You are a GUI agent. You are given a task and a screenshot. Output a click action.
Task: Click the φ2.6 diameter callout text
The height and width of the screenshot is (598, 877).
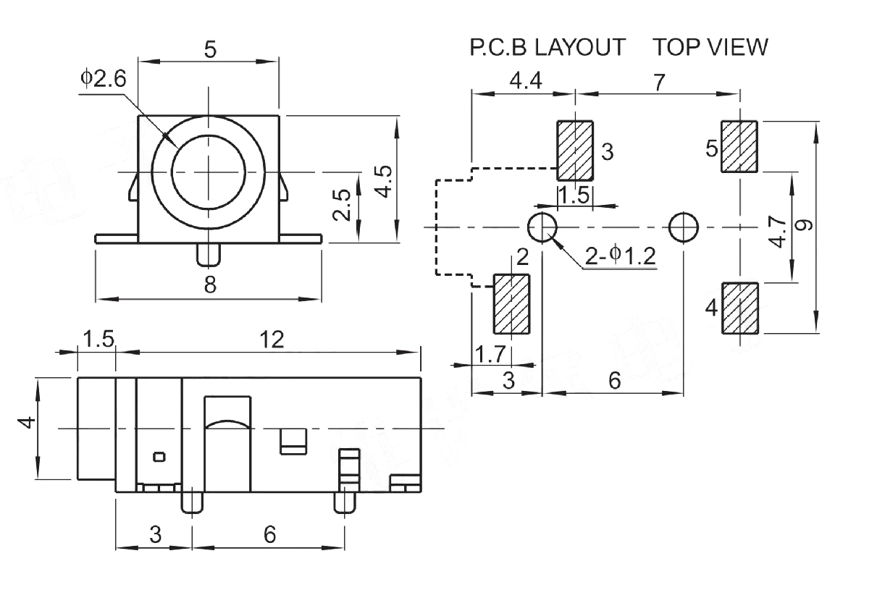104,79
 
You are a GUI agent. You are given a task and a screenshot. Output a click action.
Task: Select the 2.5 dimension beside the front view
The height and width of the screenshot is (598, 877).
341,205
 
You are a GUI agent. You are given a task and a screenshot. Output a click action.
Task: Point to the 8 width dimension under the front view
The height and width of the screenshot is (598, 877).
210,285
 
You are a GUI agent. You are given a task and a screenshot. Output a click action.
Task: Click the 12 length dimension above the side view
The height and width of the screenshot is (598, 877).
272,340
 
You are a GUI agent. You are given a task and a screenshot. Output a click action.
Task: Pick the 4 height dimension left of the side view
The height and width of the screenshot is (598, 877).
27,423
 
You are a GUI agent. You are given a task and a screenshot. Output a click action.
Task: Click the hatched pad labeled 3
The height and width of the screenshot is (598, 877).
575,151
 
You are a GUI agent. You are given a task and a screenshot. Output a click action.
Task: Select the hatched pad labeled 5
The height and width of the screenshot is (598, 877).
739,147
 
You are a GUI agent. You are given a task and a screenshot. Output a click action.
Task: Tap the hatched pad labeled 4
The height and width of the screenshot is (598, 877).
740,308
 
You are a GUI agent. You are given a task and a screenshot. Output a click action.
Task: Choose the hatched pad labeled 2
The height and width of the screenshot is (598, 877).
512,304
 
